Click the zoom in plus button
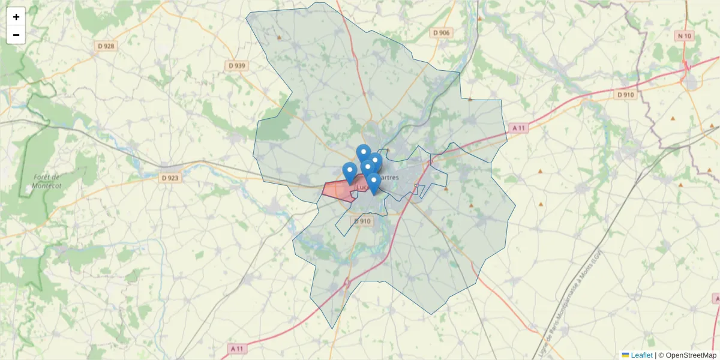tap(16, 17)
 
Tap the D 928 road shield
tap(106, 46)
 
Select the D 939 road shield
tap(237, 65)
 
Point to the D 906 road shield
tap(441, 33)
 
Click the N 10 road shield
tap(684, 36)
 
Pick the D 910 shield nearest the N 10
tap(625, 95)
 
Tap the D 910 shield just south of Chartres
tap(362, 221)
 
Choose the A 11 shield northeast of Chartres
tap(518, 127)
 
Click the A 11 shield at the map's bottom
tap(238, 348)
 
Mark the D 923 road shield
tap(170, 178)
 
